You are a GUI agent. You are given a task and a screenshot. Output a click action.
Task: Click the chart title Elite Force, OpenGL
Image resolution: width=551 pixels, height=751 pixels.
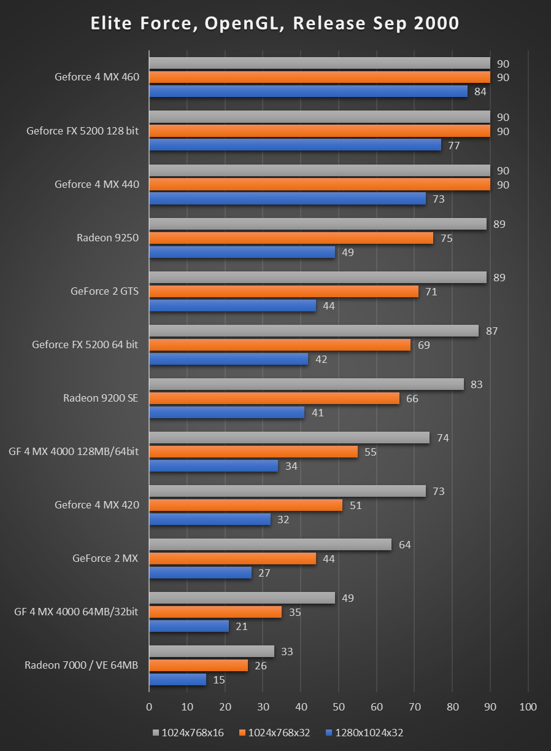[275, 23]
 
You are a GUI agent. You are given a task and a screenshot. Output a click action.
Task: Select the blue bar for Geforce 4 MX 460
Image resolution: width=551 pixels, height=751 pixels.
[308, 91]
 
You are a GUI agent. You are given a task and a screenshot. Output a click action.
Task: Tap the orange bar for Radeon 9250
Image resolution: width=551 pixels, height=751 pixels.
[291, 238]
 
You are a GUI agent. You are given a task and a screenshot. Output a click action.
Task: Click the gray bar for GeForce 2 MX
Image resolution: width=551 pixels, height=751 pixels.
[270, 545]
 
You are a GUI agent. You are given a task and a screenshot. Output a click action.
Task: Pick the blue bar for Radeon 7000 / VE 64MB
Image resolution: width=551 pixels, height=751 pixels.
[177, 680]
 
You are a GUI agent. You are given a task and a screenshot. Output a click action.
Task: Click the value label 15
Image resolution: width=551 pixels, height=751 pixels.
[220, 680]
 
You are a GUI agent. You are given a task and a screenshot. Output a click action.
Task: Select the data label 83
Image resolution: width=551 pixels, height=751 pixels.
[477, 385]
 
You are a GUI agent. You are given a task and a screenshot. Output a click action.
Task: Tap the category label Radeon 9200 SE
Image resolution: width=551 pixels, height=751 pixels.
[101, 398]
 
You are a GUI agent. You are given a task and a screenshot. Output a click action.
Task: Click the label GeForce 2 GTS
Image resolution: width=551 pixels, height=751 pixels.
[104, 291]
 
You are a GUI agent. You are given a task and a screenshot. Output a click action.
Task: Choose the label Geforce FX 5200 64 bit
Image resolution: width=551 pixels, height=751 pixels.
[85, 344]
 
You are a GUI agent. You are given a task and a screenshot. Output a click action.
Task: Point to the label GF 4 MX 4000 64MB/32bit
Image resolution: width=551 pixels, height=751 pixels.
[77, 612]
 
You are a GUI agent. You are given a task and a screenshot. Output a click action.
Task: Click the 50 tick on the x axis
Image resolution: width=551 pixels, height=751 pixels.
[339, 707]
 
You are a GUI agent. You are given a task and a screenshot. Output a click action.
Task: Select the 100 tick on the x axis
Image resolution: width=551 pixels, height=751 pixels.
[528, 707]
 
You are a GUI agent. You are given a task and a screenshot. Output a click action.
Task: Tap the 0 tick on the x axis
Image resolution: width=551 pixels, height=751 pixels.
[149, 707]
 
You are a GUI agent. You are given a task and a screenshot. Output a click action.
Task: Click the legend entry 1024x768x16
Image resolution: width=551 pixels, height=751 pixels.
[185, 732]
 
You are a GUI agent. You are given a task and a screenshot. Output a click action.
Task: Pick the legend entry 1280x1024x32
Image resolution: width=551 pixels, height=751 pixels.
[364, 732]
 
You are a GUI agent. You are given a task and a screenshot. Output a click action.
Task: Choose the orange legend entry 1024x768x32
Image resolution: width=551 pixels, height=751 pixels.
[275, 732]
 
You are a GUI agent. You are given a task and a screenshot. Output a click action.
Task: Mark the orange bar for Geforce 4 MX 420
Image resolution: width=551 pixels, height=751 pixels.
[245, 505]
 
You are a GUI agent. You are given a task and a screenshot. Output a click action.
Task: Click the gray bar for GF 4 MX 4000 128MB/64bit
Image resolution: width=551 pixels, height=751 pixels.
[289, 438]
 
